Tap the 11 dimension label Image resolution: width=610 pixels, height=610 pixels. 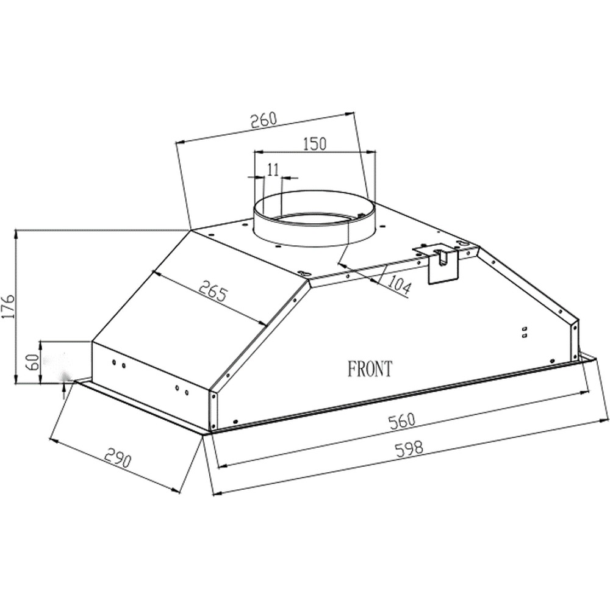point(272,169)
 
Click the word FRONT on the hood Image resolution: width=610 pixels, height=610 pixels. point(370,368)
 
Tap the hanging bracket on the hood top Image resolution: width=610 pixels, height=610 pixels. point(442,263)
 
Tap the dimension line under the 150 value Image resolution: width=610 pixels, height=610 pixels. point(315,151)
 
